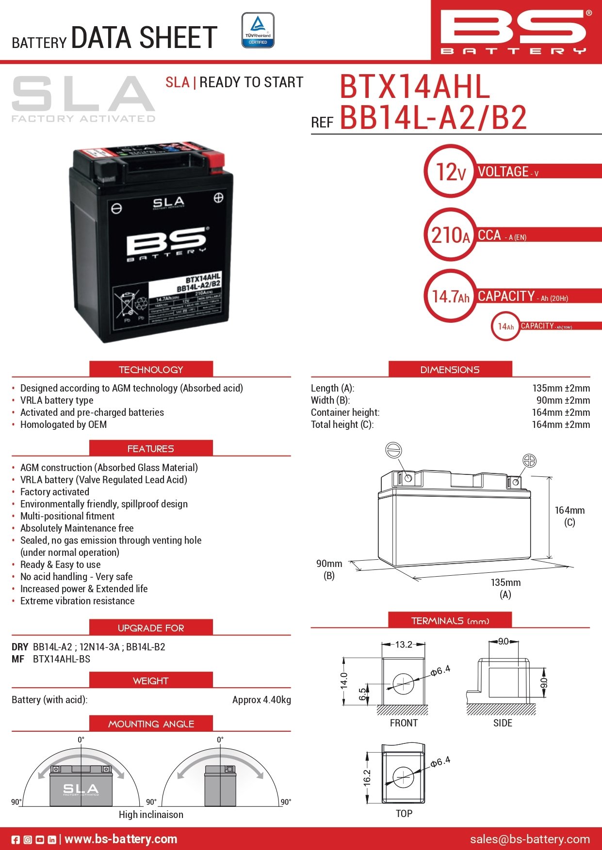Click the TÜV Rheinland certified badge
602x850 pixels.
258,31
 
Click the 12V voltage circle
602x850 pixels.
451,171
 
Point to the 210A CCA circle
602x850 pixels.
451,235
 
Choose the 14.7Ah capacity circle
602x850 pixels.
451,296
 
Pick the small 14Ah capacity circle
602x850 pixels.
505,326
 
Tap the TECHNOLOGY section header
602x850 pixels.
151,369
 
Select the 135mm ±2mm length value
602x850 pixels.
561,388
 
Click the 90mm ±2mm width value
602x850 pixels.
563,400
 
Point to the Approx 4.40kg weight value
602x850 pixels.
261,700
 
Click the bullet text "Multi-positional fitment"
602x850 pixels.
67,516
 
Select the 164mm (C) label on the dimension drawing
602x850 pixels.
569,516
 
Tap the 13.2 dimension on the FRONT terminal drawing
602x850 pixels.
403,645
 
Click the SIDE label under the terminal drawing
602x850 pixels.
503,723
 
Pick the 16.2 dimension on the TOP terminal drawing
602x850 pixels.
367,777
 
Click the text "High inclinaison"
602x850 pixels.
151,815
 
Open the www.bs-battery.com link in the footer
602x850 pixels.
120,839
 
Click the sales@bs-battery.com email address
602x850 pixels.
530,839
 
